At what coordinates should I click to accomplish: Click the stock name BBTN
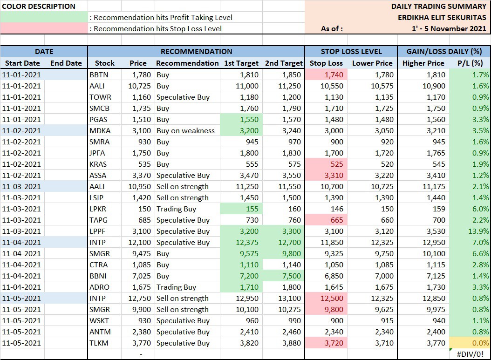[99, 75]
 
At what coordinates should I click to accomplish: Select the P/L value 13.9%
[478, 231]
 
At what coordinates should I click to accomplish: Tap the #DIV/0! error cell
[470, 354]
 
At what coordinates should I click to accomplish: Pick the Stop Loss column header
[326, 63]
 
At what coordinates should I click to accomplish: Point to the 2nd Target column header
[284, 63]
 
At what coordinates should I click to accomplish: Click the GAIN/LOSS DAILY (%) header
[444, 51]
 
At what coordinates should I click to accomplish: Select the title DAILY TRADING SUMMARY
[439, 6]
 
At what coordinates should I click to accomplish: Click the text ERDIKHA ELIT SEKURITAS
[442, 18]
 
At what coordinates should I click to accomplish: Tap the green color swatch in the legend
[44, 17]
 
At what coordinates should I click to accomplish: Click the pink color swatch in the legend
[44, 28]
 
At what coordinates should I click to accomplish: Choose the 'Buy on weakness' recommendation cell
[185, 130]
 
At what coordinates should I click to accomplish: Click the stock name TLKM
[99, 343]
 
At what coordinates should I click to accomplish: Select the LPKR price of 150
[144, 209]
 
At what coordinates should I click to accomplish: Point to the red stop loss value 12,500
[332, 299]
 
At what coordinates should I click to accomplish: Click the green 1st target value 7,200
[249, 276]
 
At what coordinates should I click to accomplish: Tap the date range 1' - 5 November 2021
[449, 28]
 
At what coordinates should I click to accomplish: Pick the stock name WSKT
[99, 320]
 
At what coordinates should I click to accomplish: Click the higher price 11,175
[434, 187]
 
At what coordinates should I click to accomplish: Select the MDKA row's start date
[21, 130]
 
